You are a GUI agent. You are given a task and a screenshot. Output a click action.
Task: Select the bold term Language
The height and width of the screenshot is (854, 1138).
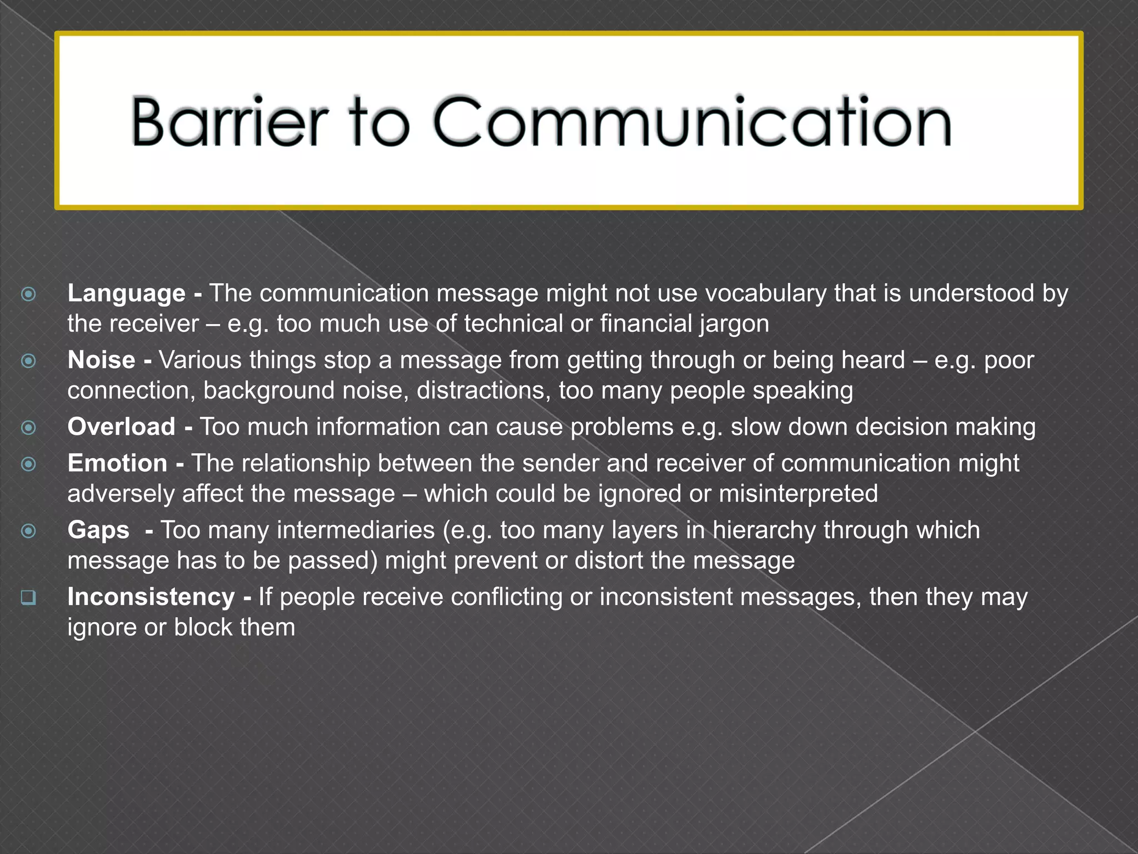(x=126, y=294)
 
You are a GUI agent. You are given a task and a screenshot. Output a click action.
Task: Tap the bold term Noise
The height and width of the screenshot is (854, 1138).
(x=101, y=360)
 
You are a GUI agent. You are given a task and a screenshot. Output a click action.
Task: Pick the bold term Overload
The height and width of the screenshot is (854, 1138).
(x=121, y=427)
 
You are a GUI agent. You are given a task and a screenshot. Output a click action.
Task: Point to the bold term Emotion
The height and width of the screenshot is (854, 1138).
(x=117, y=463)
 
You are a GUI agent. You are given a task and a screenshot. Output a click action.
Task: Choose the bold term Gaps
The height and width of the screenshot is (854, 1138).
(x=98, y=530)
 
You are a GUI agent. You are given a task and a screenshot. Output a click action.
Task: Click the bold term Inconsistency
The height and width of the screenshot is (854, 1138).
(x=151, y=597)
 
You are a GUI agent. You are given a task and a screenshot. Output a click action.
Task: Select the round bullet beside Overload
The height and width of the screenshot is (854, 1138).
(x=28, y=428)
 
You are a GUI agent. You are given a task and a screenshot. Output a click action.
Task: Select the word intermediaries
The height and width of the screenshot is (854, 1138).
(x=356, y=530)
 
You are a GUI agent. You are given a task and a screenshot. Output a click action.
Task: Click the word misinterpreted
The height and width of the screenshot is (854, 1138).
(x=798, y=494)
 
